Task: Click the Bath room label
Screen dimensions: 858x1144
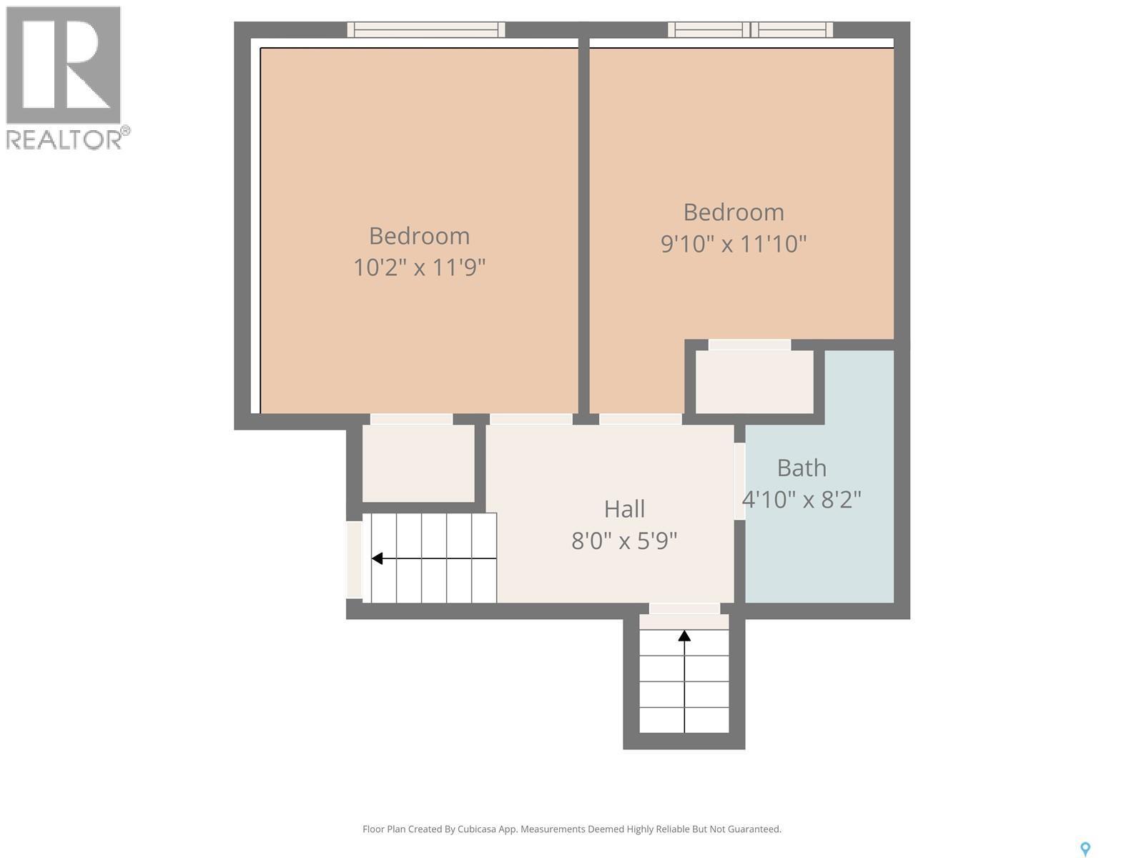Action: [802, 468]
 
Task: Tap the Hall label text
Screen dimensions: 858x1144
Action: [624, 509]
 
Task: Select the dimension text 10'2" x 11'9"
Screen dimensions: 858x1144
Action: [420, 267]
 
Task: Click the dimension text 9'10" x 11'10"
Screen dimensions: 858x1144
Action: [734, 244]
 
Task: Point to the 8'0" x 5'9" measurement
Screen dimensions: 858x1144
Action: [624, 541]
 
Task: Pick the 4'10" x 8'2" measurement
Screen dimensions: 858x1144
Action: [802, 499]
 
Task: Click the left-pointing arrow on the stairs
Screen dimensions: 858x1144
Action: [377, 558]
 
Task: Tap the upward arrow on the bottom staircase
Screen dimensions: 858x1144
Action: [684, 635]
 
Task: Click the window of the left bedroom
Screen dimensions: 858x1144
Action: [426, 29]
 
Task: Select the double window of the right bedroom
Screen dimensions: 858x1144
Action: [750, 29]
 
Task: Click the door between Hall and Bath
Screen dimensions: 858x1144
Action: [739, 481]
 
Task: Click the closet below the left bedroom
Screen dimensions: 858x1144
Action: [418, 463]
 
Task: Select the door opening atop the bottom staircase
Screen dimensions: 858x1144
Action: [684, 608]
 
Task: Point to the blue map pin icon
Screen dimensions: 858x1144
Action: [1085, 849]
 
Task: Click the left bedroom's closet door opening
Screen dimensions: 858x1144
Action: [411, 420]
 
